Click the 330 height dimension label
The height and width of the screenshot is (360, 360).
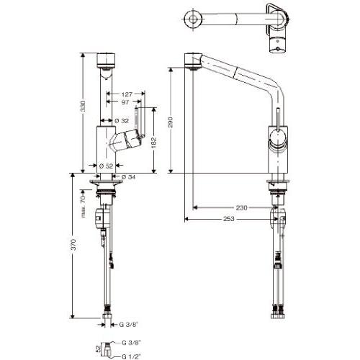coord(83,106)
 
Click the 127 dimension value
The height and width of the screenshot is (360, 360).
coord(127,94)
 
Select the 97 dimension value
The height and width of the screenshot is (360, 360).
coord(125,102)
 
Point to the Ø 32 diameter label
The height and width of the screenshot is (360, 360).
coord(122,120)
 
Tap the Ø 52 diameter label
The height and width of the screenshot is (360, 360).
coord(106,166)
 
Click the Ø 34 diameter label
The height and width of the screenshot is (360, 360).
coord(128,177)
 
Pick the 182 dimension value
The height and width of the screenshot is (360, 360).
coord(154,142)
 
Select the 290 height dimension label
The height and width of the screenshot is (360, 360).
coord(171,122)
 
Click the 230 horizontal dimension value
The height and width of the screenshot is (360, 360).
coord(241,207)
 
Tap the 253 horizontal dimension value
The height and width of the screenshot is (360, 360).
coord(229,219)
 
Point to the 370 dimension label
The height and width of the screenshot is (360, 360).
coord(73,245)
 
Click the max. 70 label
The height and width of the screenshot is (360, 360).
coord(83,206)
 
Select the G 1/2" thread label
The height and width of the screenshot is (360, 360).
coord(131,356)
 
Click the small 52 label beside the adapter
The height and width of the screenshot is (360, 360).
coord(98,348)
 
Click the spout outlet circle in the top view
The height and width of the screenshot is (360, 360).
coord(193,19)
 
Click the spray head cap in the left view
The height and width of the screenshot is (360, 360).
coord(106,60)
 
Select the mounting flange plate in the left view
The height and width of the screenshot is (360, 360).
coord(106,182)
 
